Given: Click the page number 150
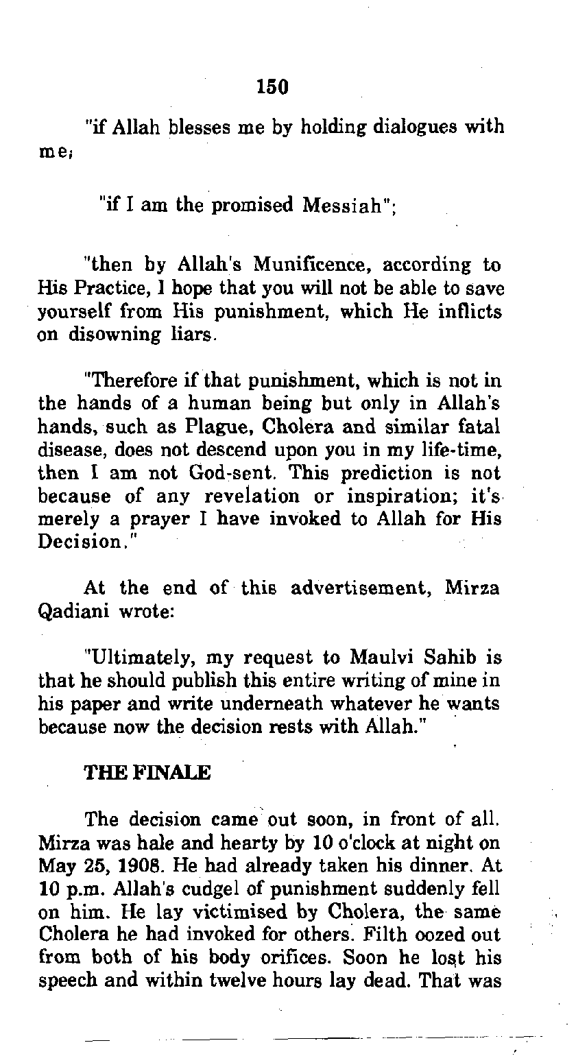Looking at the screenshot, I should click(272, 86).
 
